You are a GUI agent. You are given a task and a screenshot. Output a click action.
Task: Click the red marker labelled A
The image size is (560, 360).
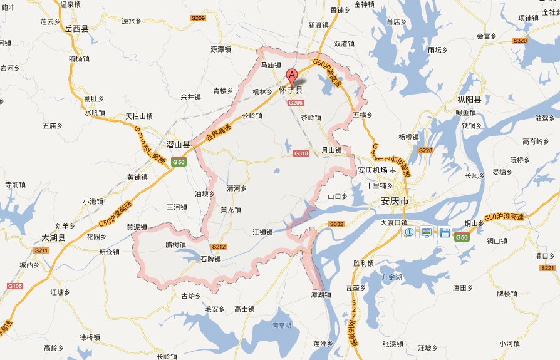click(x=291, y=77)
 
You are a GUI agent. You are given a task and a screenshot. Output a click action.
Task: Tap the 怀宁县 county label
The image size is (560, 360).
click(x=291, y=90)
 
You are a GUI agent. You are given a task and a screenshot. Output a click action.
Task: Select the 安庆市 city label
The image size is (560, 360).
click(x=395, y=201)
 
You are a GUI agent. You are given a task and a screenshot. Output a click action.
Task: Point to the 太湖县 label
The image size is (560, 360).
click(x=53, y=238)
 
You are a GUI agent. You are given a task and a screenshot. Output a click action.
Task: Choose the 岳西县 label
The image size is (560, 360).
click(x=76, y=28)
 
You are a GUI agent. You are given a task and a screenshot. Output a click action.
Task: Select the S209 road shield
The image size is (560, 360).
click(x=198, y=18)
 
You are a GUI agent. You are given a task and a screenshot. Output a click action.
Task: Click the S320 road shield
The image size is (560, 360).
click(x=520, y=41)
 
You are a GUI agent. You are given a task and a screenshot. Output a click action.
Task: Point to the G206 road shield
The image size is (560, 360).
click(x=296, y=103)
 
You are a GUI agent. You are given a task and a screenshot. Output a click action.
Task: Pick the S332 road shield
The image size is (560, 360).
click(x=336, y=224)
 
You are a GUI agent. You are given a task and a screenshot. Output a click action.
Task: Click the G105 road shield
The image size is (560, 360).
click(x=15, y=286)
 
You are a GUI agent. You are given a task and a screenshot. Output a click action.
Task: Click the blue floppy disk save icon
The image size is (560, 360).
click(x=445, y=233)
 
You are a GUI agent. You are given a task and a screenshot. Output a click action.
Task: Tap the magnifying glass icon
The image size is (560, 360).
click(x=409, y=233)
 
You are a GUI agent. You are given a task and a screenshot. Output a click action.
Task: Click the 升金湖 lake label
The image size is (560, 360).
click(x=391, y=277)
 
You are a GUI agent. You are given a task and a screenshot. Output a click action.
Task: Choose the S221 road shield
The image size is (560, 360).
click(x=547, y=268)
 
